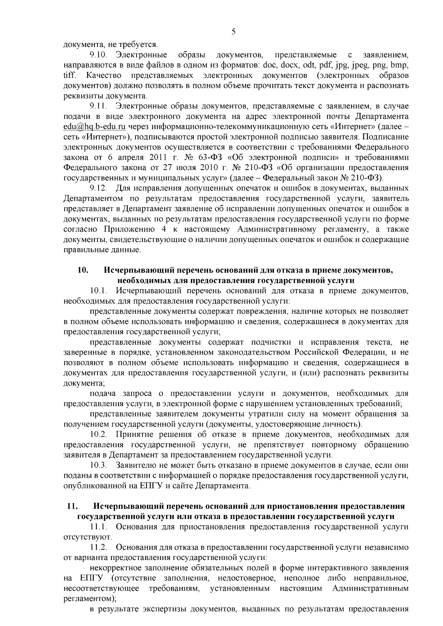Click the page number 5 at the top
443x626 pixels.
[x=233, y=32]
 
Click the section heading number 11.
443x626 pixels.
[x=72, y=506]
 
